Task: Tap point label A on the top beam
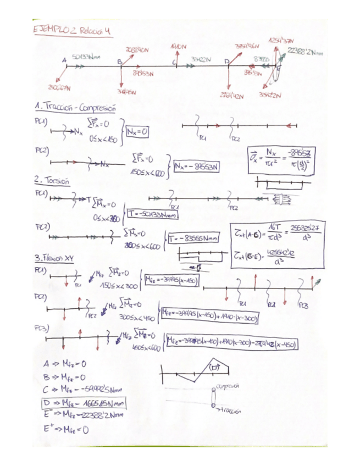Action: coord(64,59)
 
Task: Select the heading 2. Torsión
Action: coord(51,181)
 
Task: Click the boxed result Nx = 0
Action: coord(138,132)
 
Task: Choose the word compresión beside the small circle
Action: coord(230,386)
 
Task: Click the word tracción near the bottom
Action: coord(228,409)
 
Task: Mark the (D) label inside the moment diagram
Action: coord(213,367)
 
